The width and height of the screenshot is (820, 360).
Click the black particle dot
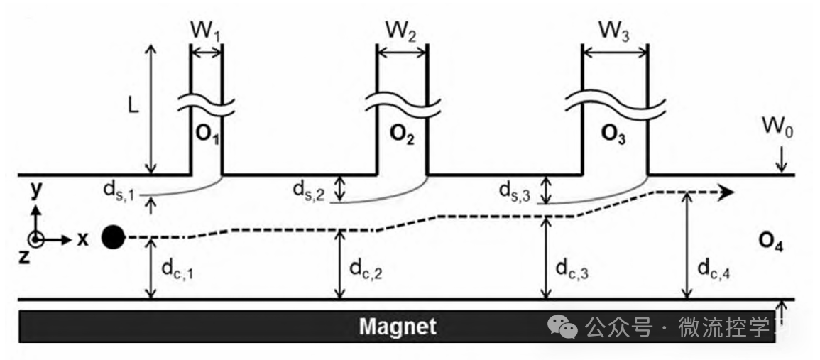pos(112,237)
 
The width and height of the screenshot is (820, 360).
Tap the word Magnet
pos(397,327)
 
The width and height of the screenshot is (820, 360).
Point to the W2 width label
pos(401,32)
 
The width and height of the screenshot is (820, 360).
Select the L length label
pos(133,104)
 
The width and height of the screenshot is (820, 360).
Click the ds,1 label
pos(117,190)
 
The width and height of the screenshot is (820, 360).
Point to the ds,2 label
pos(310,190)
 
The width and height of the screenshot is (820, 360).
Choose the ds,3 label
pos(515,190)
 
